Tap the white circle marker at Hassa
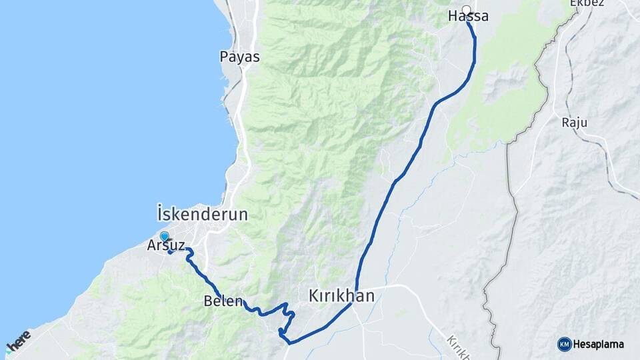coord(467,9)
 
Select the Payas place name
coord(239,57)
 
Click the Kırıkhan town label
coord(341,295)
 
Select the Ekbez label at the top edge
coord(586,3)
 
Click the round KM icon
coord(565,344)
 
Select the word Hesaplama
coord(598,344)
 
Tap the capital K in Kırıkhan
coord(314,295)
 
